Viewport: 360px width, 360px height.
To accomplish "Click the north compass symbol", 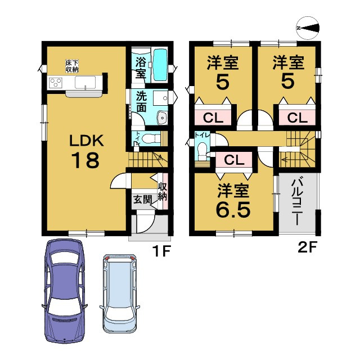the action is pyautogui.click(x=308, y=28).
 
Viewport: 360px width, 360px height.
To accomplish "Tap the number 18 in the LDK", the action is pyautogui.click(x=85, y=160).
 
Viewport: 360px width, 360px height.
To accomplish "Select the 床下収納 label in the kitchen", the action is pyautogui.click(x=72, y=66).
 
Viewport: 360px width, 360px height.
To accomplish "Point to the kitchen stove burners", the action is pyautogui.click(x=56, y=83).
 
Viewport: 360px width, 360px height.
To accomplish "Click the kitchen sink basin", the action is pyautogui.click(x=85, y=82).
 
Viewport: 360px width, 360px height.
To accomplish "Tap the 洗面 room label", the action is pyautogui.click(x=141, y=102).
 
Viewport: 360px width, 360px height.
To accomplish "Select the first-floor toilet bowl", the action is pyautogui.click(x=151, y=138).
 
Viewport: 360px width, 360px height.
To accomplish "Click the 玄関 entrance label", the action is pyautogui.click(x=142, y=200).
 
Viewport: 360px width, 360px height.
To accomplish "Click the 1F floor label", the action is pyautogui.click(x=161, y=251).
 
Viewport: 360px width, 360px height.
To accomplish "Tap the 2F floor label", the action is pyautogui.click(x=307, y=247).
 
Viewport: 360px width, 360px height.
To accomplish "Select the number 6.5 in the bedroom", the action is pyautogui.click(x=233, y=210).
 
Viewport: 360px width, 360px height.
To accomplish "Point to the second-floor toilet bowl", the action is pyautogui.click(x=202, y=149).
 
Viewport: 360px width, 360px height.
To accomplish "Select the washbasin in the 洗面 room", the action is pyautogui.click(x=163, y=118).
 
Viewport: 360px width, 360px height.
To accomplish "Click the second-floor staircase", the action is pyautogui.click(x=298, y=149).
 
